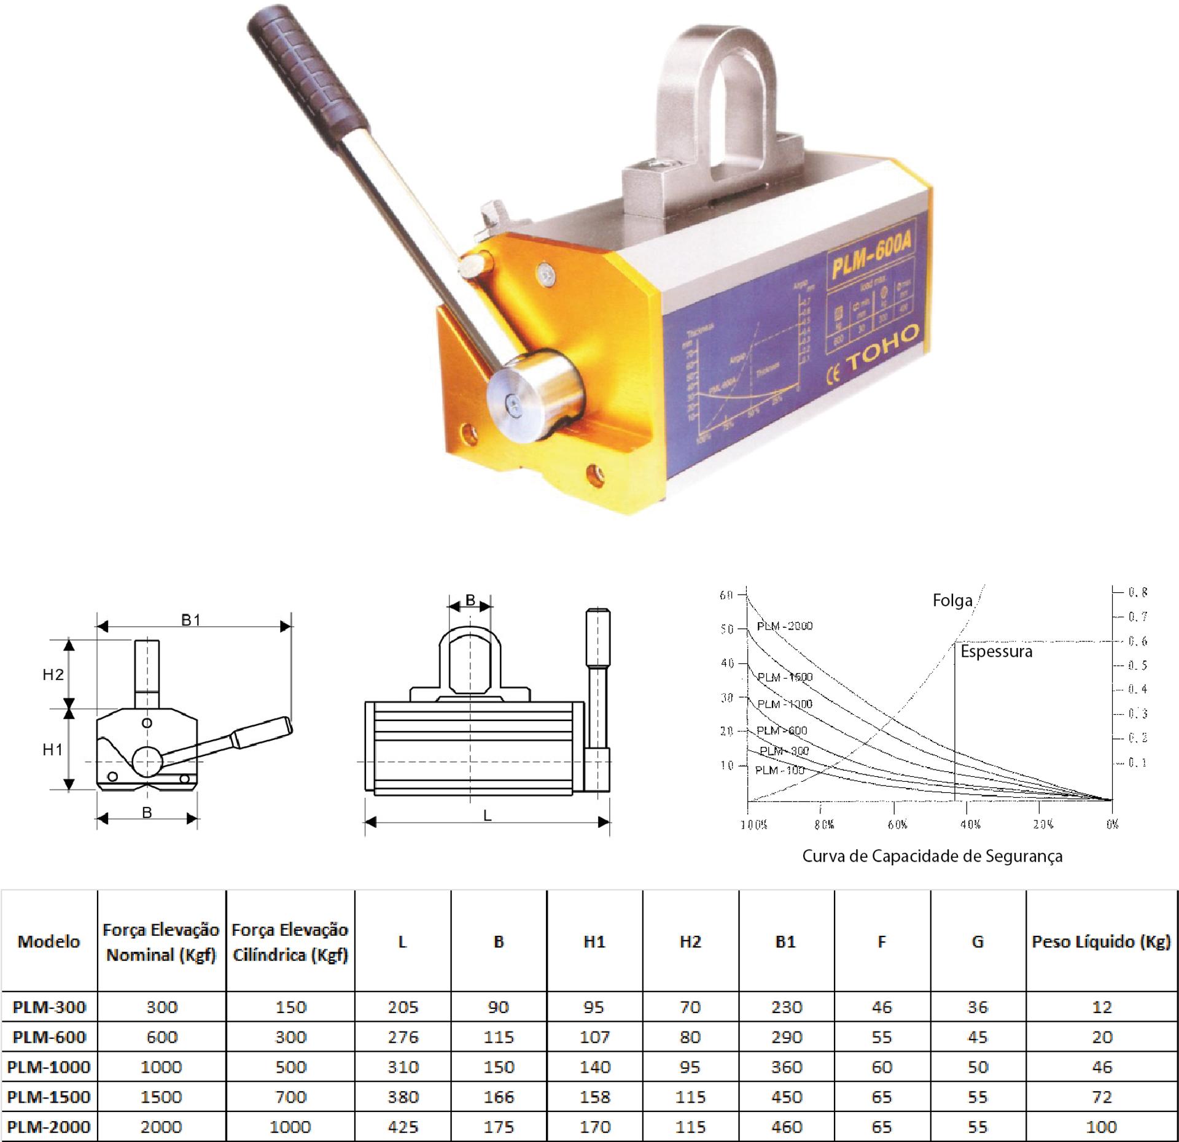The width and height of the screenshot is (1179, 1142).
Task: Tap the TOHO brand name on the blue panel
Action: [885, 348]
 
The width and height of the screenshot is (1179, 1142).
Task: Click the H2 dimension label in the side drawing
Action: [53, 674]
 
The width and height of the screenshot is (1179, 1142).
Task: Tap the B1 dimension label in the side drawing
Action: [191, 620]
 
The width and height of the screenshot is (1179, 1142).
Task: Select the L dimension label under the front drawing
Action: [487, 816]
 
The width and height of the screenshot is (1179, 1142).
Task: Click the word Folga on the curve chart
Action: [952, 600]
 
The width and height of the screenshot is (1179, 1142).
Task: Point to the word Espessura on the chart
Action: [996, 651]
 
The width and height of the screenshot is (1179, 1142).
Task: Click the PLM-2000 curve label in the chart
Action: [784, 626]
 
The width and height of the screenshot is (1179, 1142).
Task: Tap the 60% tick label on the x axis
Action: [897, 824]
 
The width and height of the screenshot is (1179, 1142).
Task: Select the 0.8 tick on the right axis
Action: [1137, 592]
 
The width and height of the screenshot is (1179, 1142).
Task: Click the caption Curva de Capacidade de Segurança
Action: [932, 856]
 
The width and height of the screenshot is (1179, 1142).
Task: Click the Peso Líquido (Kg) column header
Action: [1102, 941]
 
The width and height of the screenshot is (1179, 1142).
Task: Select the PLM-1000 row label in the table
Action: [49, 1067]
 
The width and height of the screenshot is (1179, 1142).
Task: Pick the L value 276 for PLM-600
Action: [403, 1037]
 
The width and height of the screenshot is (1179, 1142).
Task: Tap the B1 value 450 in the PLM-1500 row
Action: [786, 1097]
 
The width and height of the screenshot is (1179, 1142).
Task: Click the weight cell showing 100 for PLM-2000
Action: [1102, 1127]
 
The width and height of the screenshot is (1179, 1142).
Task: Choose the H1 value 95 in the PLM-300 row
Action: [594, 1007]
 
